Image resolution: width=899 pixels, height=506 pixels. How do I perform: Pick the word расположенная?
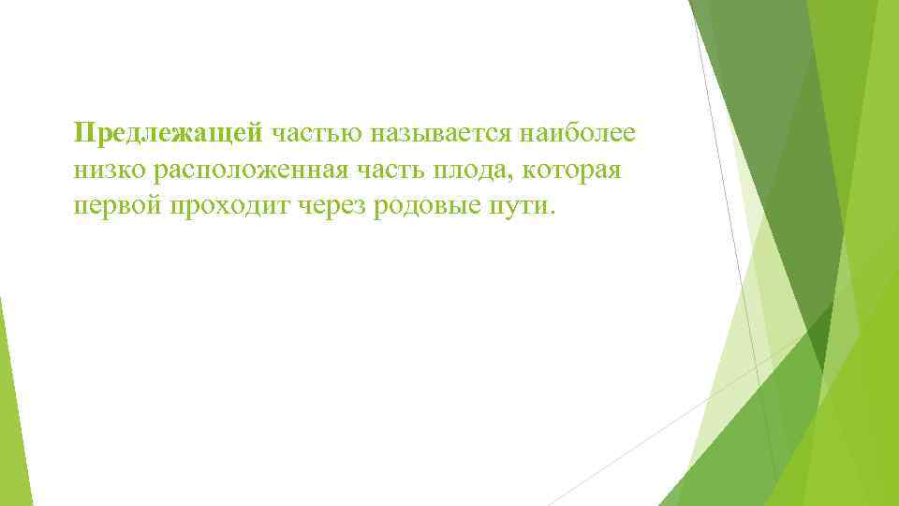point(244,171)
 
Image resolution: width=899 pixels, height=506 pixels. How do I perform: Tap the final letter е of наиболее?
point(628,135)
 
